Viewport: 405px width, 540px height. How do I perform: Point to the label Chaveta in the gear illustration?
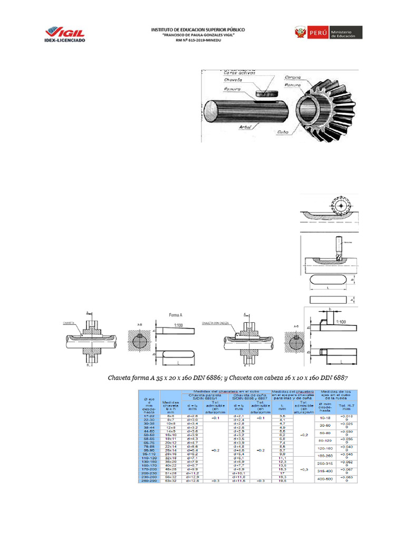(233, 80)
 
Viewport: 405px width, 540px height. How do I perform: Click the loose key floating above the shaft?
(266, 93)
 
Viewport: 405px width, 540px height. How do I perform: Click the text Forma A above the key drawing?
(176, 315)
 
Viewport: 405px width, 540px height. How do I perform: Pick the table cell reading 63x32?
(169, 480)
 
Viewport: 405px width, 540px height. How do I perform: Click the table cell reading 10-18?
(325, 417)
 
